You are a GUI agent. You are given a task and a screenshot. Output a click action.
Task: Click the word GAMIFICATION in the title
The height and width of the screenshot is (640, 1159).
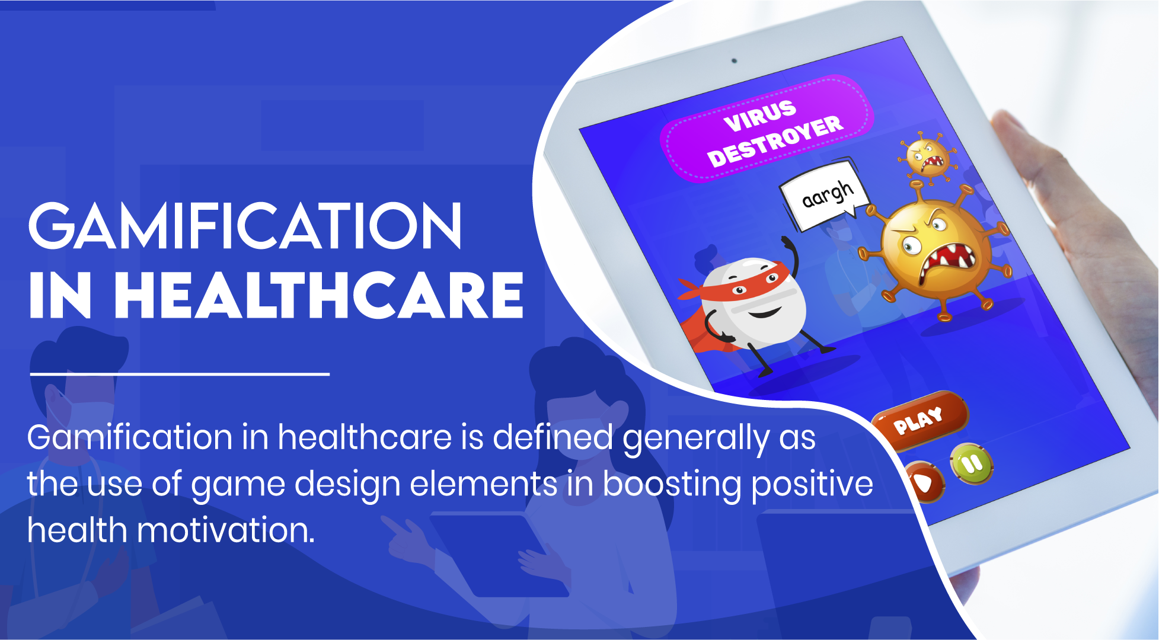coord(245,226)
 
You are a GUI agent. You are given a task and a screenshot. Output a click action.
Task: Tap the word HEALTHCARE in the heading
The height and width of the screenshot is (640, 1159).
coord(319,296)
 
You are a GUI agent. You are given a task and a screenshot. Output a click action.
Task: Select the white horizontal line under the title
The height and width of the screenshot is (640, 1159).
coord(180,374)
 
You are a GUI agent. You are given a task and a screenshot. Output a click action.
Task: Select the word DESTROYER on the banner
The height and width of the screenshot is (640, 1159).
coord(775,142)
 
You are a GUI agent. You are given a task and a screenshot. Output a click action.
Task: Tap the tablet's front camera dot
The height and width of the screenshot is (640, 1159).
coord(734,60)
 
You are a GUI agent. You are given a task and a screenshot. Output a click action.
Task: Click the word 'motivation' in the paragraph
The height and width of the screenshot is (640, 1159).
coord(226,530)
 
